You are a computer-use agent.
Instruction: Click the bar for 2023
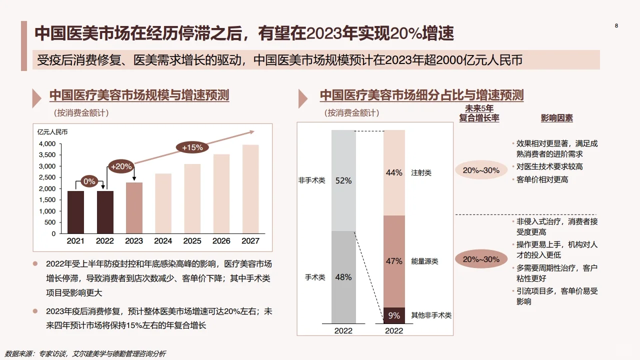[134, 208]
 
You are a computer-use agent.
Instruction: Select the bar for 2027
[250, 189]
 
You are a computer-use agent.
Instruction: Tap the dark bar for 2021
[75, 212]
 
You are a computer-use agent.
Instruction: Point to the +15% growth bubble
[192, 147]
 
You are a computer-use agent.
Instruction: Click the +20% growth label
[121, 166]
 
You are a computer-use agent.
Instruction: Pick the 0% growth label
[89, 181]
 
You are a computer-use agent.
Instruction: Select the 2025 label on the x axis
[192, 241]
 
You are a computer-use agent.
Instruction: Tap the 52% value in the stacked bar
[343, 180]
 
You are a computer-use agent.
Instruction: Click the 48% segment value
[343, 277]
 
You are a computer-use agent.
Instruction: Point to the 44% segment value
[394, 172]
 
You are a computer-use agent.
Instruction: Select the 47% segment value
[394, 261]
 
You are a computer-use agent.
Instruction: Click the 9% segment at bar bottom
[394, 315]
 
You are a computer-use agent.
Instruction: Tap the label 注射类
[421, 172]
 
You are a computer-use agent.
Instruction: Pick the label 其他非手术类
[431, 315]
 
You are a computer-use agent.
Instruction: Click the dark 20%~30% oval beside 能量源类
[481, 259]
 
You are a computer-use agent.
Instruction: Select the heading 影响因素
[556, 118]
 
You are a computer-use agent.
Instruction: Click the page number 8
[616, 26]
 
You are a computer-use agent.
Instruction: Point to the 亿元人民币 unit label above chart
[52, 132]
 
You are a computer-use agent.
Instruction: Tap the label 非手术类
[311, 180]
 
